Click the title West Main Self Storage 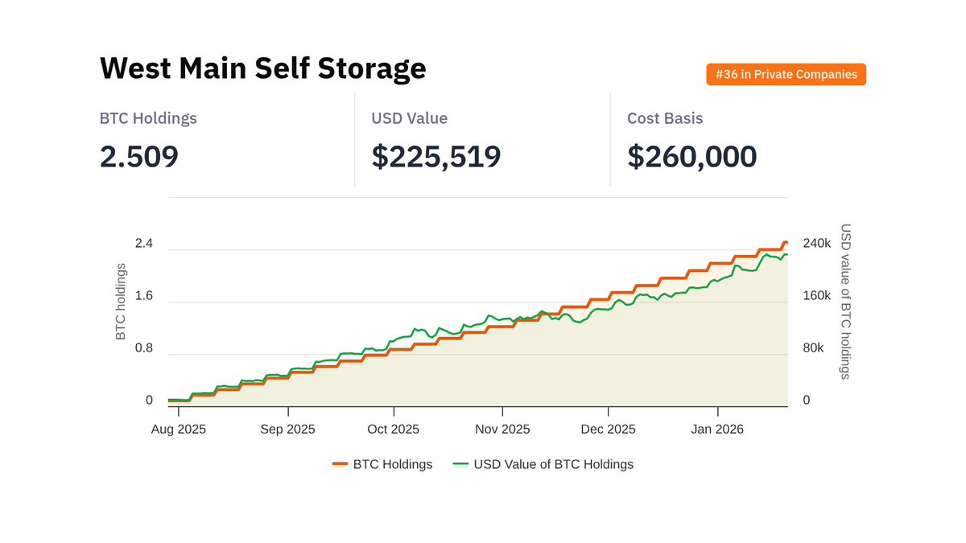tap(262, 68)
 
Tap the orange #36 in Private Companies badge tap(786, 75)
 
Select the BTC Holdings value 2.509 tap(138, 156)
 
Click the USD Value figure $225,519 tap(436, 156)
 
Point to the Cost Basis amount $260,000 tap(691, 156)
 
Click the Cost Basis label tap(665, 118)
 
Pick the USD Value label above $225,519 tap(409, 118)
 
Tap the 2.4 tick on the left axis tap(143, 244)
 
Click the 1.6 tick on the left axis tap(143, 296)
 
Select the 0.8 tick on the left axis tap(143, 348)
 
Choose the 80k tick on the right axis tap(813, 348)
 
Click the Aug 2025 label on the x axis tap(179, 430)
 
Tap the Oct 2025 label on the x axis tap(394, 430)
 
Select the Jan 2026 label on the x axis tap(716, 430)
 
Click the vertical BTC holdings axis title tap(122, 302)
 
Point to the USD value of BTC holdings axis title tap(845, 302)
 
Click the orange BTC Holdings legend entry tap(382, 464)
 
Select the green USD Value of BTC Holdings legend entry tap(543, 464)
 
